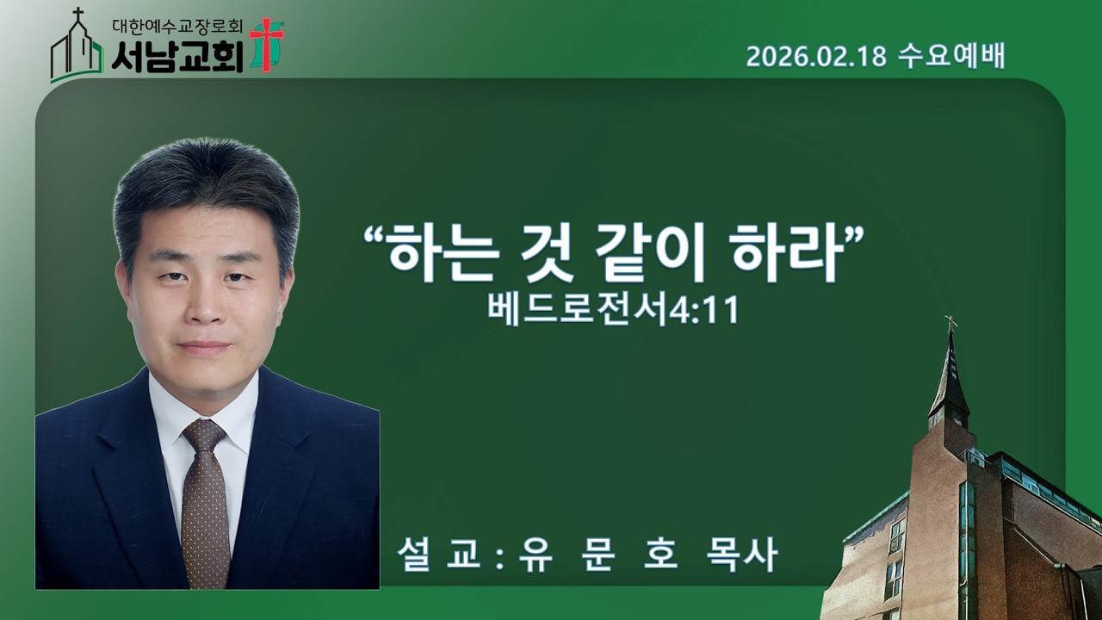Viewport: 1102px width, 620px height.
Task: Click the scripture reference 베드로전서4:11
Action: click(x=614, y=310)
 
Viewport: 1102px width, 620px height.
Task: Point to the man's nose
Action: click(x=203, y=306)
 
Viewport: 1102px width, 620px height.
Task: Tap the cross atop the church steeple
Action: click(x=950, y=324)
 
